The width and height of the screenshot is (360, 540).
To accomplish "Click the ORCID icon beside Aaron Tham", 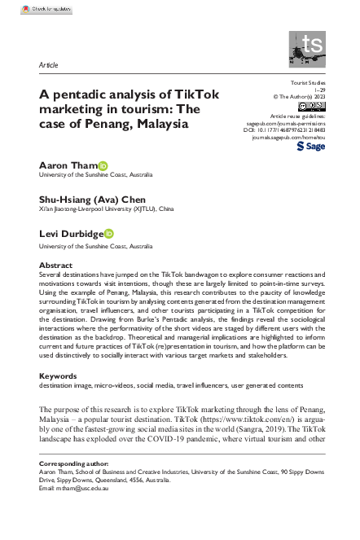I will (x=103, y=165).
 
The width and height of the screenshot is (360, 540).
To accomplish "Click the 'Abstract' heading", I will (x=55, y=266).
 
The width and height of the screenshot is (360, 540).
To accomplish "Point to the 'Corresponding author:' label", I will (x=74, y=462).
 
